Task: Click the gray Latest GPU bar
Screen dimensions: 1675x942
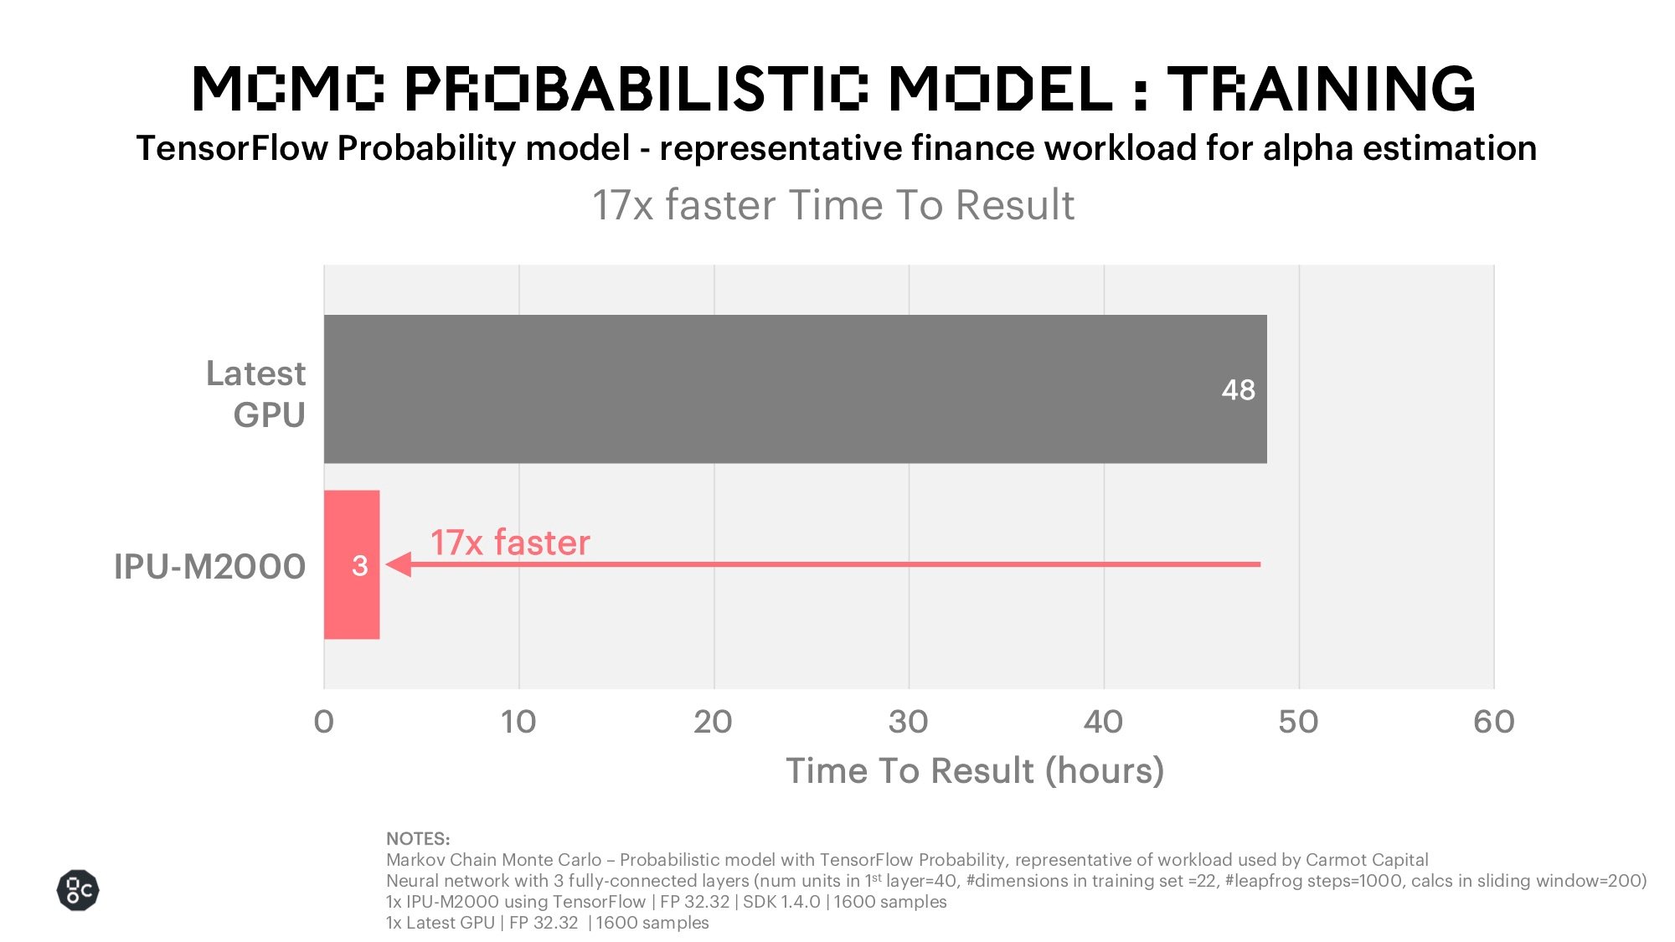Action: pyautogui.click(x=796, y=389)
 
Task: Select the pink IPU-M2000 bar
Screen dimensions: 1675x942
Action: pyautogui.click(x=352, y=564)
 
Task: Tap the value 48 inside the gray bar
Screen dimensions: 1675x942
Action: pyautogui.click(x=1238, y=389)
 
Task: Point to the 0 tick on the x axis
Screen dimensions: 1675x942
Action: pyautogui.click(x=324, y=722)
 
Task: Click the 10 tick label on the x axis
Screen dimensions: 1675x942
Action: pyautogui.click(x=518, y=722)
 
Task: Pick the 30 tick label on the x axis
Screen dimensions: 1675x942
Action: pyautogui.click(x=909, y=722)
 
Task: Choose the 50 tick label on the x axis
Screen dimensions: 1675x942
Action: pyautogui.click(x=1298, y=722)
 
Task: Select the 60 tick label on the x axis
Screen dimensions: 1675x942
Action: pyautogui.click(x=1494, y=722)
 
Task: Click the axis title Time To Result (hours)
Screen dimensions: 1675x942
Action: pyautogui.click(x=975, y=771)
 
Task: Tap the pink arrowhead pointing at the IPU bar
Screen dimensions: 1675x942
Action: pyautogui.click(x=399, y=564)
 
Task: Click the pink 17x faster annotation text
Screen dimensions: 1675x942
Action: pyautogui.click(x=510, y=543)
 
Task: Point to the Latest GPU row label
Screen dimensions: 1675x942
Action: pyautogui.click(x=256, y=394)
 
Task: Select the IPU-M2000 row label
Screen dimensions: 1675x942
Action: pyautogui.click(x=209, y=567)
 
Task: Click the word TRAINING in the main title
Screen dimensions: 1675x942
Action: pyautogui.click(x=1322, y=88)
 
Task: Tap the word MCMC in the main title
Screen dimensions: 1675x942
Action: pyautogui.click(x=289, y=88)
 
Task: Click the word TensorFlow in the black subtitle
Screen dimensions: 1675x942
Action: pyautogui.click(x=232, y=148)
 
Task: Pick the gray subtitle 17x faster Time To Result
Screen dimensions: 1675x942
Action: pyautogui.click(x=833, y=205)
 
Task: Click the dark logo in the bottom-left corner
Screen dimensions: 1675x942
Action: pyautogui.click(x=78, y=890)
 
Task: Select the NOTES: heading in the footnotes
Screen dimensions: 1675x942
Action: pyautogui.click(x=418, y=839)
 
